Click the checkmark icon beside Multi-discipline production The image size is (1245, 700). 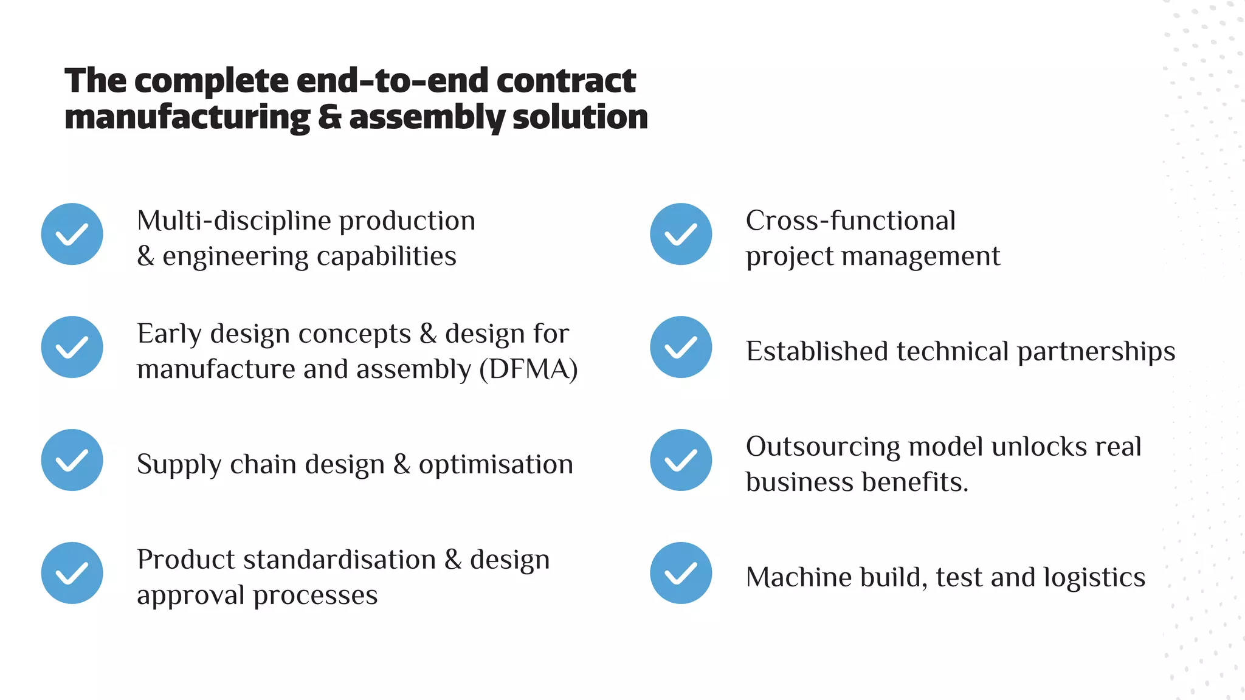pos(72,234)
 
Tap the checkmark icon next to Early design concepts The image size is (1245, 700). pos(72,347)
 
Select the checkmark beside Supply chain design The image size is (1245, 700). pos(72,460)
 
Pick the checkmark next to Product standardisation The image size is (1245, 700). pos(72,573)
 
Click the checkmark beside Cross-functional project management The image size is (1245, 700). pos(681,234)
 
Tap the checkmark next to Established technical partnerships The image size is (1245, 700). pos(681,347)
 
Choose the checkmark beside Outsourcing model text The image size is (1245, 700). pos(681,460)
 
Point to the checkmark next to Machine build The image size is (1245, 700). pos(681,573)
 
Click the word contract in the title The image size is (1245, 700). pos(566,81)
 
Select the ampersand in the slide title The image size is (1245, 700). pos(329,117)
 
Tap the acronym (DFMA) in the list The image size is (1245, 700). pos(528,369)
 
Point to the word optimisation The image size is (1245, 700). pos(495,465)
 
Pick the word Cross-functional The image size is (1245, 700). pos(850,221)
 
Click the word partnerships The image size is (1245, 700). pos(1096,352)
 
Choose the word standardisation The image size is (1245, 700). pos(339,560)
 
